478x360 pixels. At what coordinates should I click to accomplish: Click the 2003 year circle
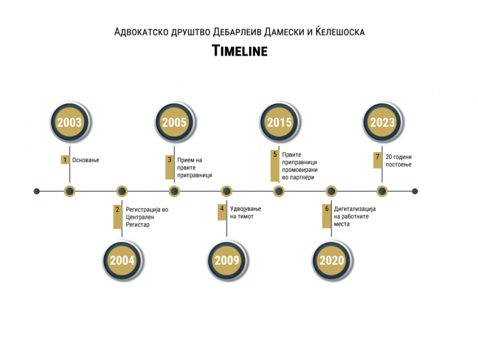point(70,122)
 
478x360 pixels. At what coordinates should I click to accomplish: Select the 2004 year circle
point(122,260)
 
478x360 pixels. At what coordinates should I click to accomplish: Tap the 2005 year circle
point(174,122)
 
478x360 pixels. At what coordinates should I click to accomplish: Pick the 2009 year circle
point(227,260)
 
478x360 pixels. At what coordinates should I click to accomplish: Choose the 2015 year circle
point(279,122)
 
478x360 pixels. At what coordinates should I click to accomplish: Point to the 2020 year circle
point(331,260)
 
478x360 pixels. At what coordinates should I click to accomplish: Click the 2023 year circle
point(382,122)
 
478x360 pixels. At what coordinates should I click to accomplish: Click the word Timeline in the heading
point(240,50)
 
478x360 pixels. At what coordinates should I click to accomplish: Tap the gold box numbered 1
point(65,159)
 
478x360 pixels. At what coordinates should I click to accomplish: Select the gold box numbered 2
point(118,217)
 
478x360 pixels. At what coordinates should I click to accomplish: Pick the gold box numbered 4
point(222,212)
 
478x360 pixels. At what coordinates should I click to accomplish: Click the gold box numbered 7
point(377,160)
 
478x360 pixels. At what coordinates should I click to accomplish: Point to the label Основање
point(86,160)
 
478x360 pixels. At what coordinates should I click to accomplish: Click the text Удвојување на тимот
point(245,212)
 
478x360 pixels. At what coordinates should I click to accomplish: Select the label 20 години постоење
point(398,161)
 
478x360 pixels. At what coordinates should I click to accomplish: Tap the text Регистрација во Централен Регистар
point(147,217)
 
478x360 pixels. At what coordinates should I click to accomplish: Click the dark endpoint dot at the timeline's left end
point(37,191)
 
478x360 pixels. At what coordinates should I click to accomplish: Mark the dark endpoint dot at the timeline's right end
point(415,191)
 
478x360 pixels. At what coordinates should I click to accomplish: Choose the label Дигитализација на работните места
point(355,216)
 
